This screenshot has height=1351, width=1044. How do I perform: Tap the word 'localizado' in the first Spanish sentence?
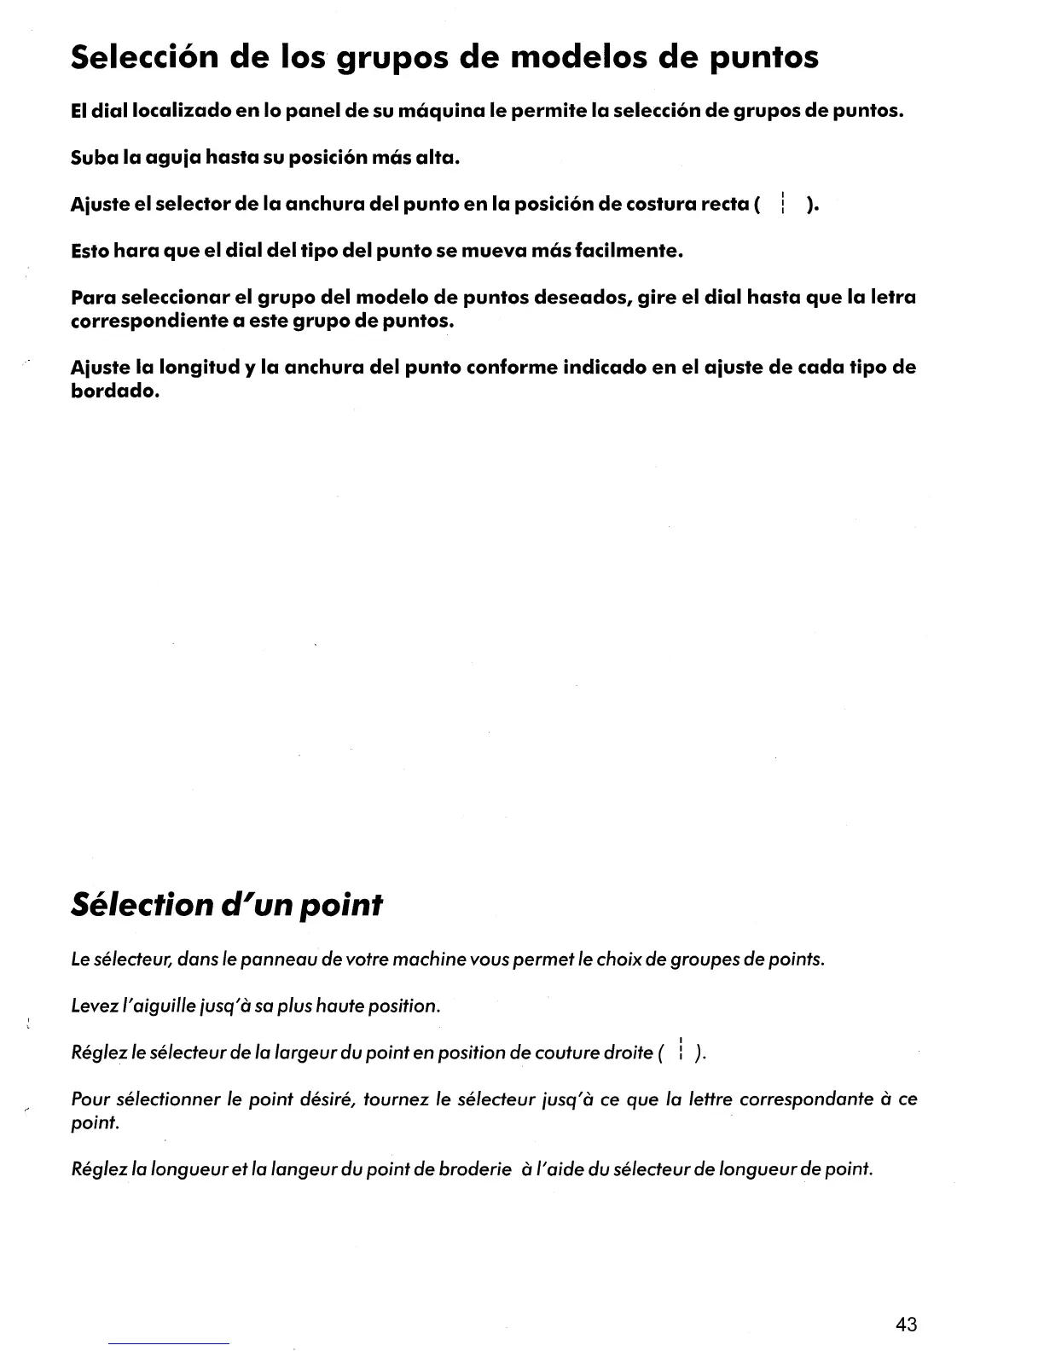(x=159, y=111)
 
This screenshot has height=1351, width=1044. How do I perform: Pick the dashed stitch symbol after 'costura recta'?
(x=782, y=205)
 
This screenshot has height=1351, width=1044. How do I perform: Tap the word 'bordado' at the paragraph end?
(x=114, y=391)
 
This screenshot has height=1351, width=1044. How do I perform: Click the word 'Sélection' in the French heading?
(x=139, y=904)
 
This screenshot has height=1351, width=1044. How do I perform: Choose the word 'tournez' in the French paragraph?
(x=397, y=1099)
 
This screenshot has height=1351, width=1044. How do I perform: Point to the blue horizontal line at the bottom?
(x=169, y=1343)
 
